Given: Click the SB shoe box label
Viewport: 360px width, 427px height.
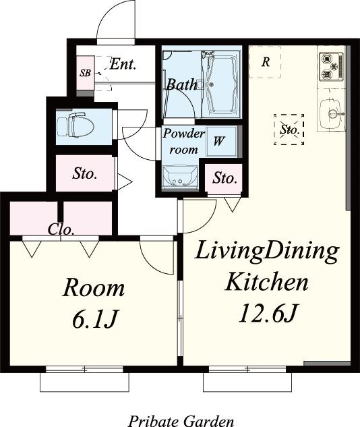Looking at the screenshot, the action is coord(85,73).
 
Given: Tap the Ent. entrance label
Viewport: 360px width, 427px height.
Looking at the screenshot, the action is coord(123,65).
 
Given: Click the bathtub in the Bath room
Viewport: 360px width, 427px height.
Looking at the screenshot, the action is coord(221,85).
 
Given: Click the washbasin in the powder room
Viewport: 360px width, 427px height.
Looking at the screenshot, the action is coord(180,177).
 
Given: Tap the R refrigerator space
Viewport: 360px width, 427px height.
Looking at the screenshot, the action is coord(266,62).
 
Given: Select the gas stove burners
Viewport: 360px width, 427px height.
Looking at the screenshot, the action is coord(332,67).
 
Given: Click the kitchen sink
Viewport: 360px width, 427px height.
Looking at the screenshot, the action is coord(332,114).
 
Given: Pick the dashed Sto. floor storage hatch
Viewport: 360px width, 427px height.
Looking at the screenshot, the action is coord(289,130).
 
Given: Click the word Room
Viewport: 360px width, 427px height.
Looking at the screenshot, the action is coord(94,288).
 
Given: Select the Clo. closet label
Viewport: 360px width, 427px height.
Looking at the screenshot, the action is coord(61,230).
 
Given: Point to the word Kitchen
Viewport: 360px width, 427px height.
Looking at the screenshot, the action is coord(266,282).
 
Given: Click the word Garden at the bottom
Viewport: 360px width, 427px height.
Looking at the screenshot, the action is coord(208,421).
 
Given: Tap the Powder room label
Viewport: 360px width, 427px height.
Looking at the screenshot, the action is coord(183,142).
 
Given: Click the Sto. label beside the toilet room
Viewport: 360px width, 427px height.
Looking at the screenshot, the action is coord(85,173).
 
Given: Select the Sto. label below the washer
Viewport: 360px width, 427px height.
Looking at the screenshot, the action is coord(224,178).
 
